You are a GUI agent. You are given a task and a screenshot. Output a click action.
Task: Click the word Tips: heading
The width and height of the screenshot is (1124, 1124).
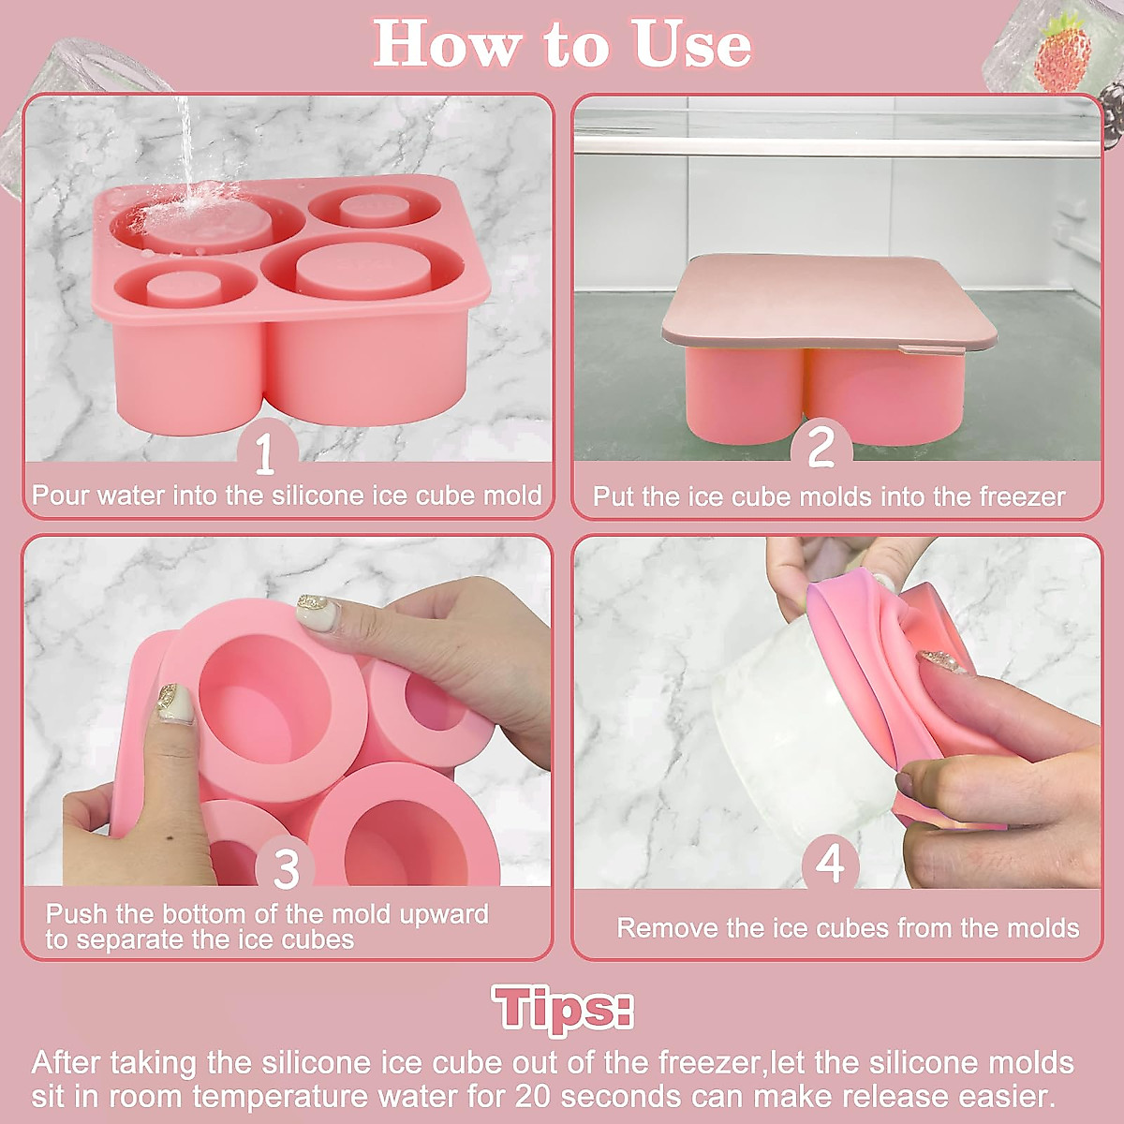562,1009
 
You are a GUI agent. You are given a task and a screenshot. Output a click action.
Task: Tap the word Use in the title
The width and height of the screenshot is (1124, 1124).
693,46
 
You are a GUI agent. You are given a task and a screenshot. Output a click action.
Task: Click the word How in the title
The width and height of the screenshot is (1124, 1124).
447,46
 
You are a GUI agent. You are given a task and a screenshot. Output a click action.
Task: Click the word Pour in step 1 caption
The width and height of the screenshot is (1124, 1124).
61,495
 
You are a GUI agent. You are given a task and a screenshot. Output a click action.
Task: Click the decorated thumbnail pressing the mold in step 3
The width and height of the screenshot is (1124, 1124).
318,610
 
